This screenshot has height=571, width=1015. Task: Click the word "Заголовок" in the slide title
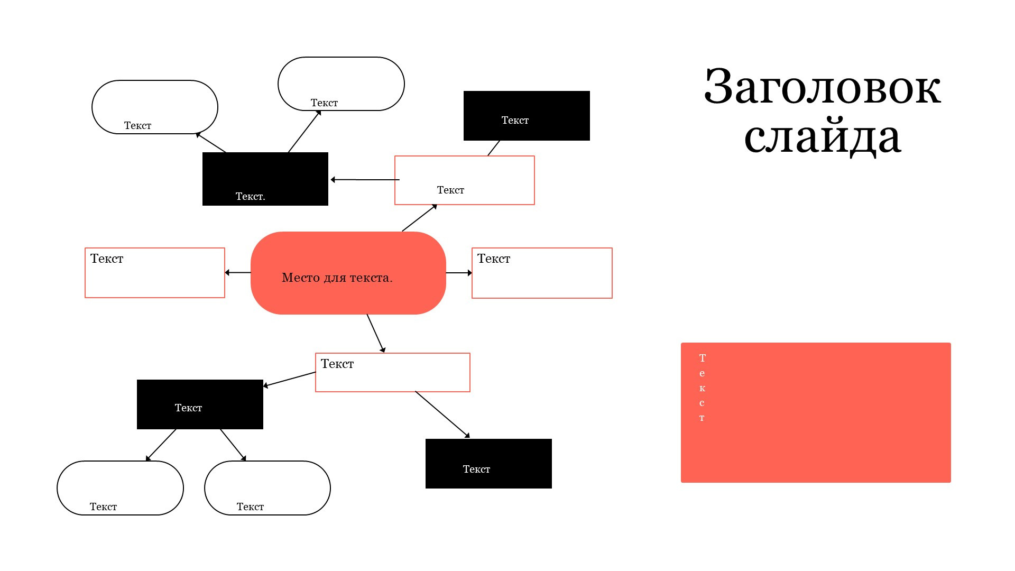(x=822, y=87)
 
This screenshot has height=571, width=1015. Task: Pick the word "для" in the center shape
(x=335, y=278)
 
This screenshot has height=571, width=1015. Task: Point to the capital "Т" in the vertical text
(x=702, y=358)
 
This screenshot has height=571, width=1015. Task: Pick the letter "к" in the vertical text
(x=702, y=389)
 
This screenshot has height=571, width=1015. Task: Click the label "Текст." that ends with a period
(x=250, y=197)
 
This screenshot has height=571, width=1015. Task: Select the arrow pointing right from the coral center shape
(x=458, y=273)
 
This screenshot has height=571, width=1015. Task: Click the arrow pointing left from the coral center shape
(x=238, y=273)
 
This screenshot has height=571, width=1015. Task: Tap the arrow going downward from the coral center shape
(x=375, y=333)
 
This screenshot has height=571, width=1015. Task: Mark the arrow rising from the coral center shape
(x=419, y=218)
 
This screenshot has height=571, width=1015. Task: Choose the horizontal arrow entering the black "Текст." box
(x=365, y=180)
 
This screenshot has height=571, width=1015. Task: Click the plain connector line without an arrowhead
(x=493, y=148)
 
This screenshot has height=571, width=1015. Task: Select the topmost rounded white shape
(x=341, y=84)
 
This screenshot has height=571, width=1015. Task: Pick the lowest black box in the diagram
(x=488, y=464)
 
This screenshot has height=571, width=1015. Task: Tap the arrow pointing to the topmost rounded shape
(x=304, y=132)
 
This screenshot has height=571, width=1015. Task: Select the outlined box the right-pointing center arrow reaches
(x=542, y=273)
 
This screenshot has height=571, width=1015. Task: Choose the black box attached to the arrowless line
(x=527, y=116)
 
